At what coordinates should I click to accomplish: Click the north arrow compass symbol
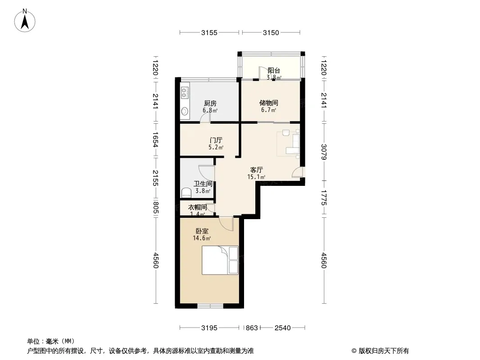25,21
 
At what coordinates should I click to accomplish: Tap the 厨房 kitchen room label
210,103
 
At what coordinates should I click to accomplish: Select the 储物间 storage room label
268,103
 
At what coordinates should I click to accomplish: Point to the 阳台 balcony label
274,71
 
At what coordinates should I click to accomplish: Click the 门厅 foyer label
216,140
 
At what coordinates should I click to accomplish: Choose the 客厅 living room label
257,170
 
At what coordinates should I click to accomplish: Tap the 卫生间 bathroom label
203,184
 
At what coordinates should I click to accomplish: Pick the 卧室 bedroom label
202,231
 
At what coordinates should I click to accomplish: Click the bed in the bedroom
220,260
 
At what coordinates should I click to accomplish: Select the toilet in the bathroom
186,193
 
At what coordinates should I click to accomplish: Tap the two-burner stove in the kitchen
184,92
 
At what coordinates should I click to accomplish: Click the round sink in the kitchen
184,111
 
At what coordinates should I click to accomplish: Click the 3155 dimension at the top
209,33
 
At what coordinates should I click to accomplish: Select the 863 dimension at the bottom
252,328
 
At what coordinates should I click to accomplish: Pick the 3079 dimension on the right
324,152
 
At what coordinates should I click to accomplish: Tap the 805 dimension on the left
155,208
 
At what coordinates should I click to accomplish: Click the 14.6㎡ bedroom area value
202,238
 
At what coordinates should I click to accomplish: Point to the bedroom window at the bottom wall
210,306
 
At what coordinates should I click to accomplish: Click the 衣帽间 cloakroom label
197,207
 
